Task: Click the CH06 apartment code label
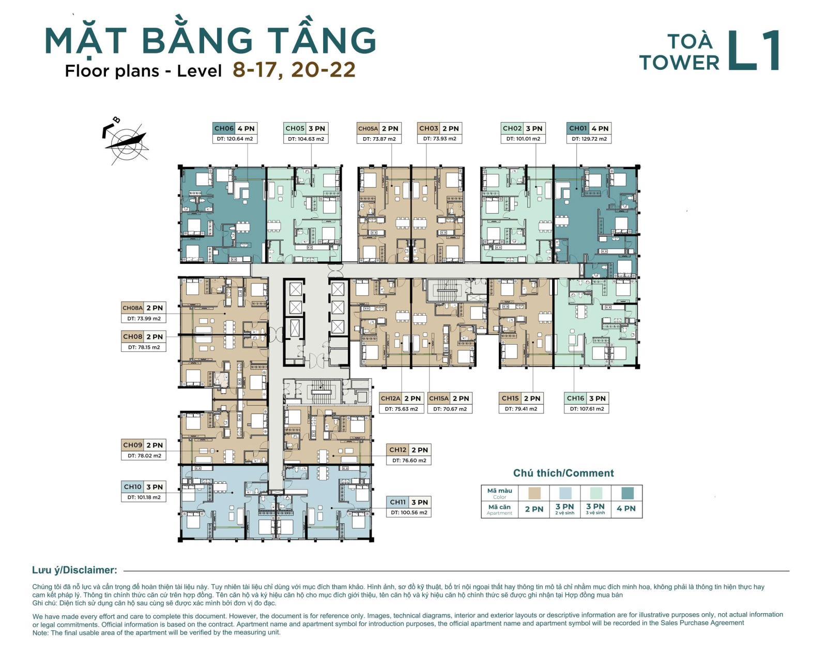(224, 128)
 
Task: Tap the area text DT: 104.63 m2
(305, 139)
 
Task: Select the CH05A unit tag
(368, 128)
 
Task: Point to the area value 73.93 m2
(439, 139)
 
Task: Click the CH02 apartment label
(512, 128)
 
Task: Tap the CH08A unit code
(132, 308)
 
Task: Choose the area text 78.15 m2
(144, 347)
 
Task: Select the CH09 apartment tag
(132, 445)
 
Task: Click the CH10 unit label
(132, 487)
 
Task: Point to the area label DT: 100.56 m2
(409, 512)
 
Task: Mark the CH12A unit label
(390, 398)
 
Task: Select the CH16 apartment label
(575, 398)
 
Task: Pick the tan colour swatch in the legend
(534, 493)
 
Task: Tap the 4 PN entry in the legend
(626, 509)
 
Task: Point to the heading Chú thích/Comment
(563, 473)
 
